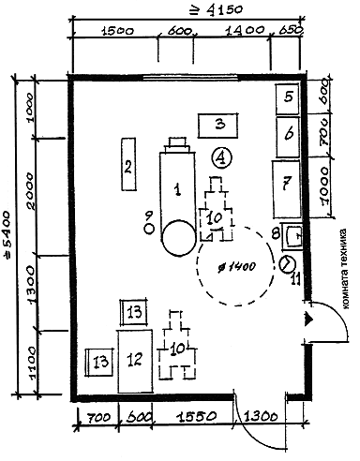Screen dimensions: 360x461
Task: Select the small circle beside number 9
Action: click(150, 229)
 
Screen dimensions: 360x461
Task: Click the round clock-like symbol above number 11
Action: click(287, 264)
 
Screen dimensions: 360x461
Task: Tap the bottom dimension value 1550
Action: click(196, 416)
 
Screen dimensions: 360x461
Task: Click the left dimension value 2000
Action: click(31, 191)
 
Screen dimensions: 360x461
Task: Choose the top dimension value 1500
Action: click(117, 31)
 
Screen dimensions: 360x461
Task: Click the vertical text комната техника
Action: click(344, 269)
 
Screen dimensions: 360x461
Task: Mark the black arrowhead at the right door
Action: click(308, 320)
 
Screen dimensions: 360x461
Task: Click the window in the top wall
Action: click(191, 77)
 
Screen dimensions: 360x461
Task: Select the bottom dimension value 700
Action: click(98, 418)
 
